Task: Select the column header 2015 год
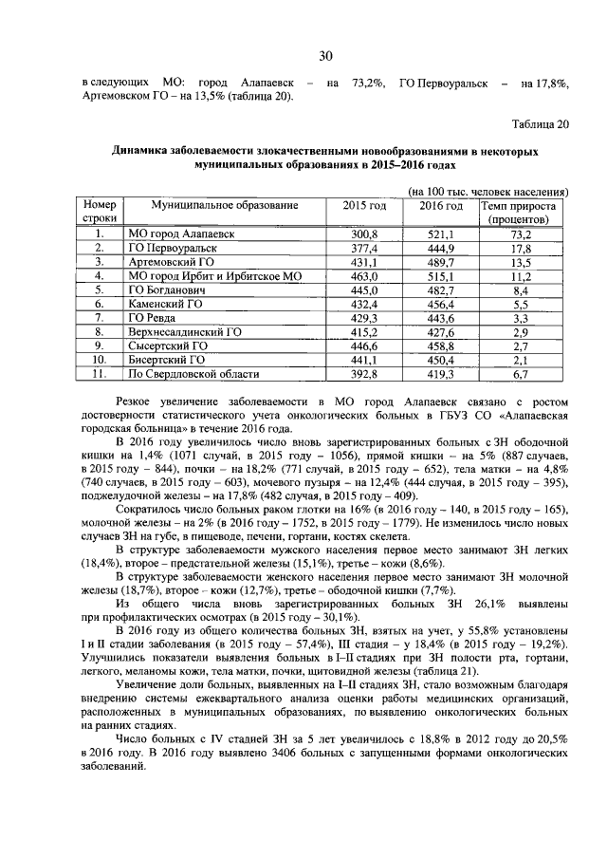tap(364, 206)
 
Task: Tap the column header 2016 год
tap(441, 206)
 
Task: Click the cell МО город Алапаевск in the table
tap(181, 233)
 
